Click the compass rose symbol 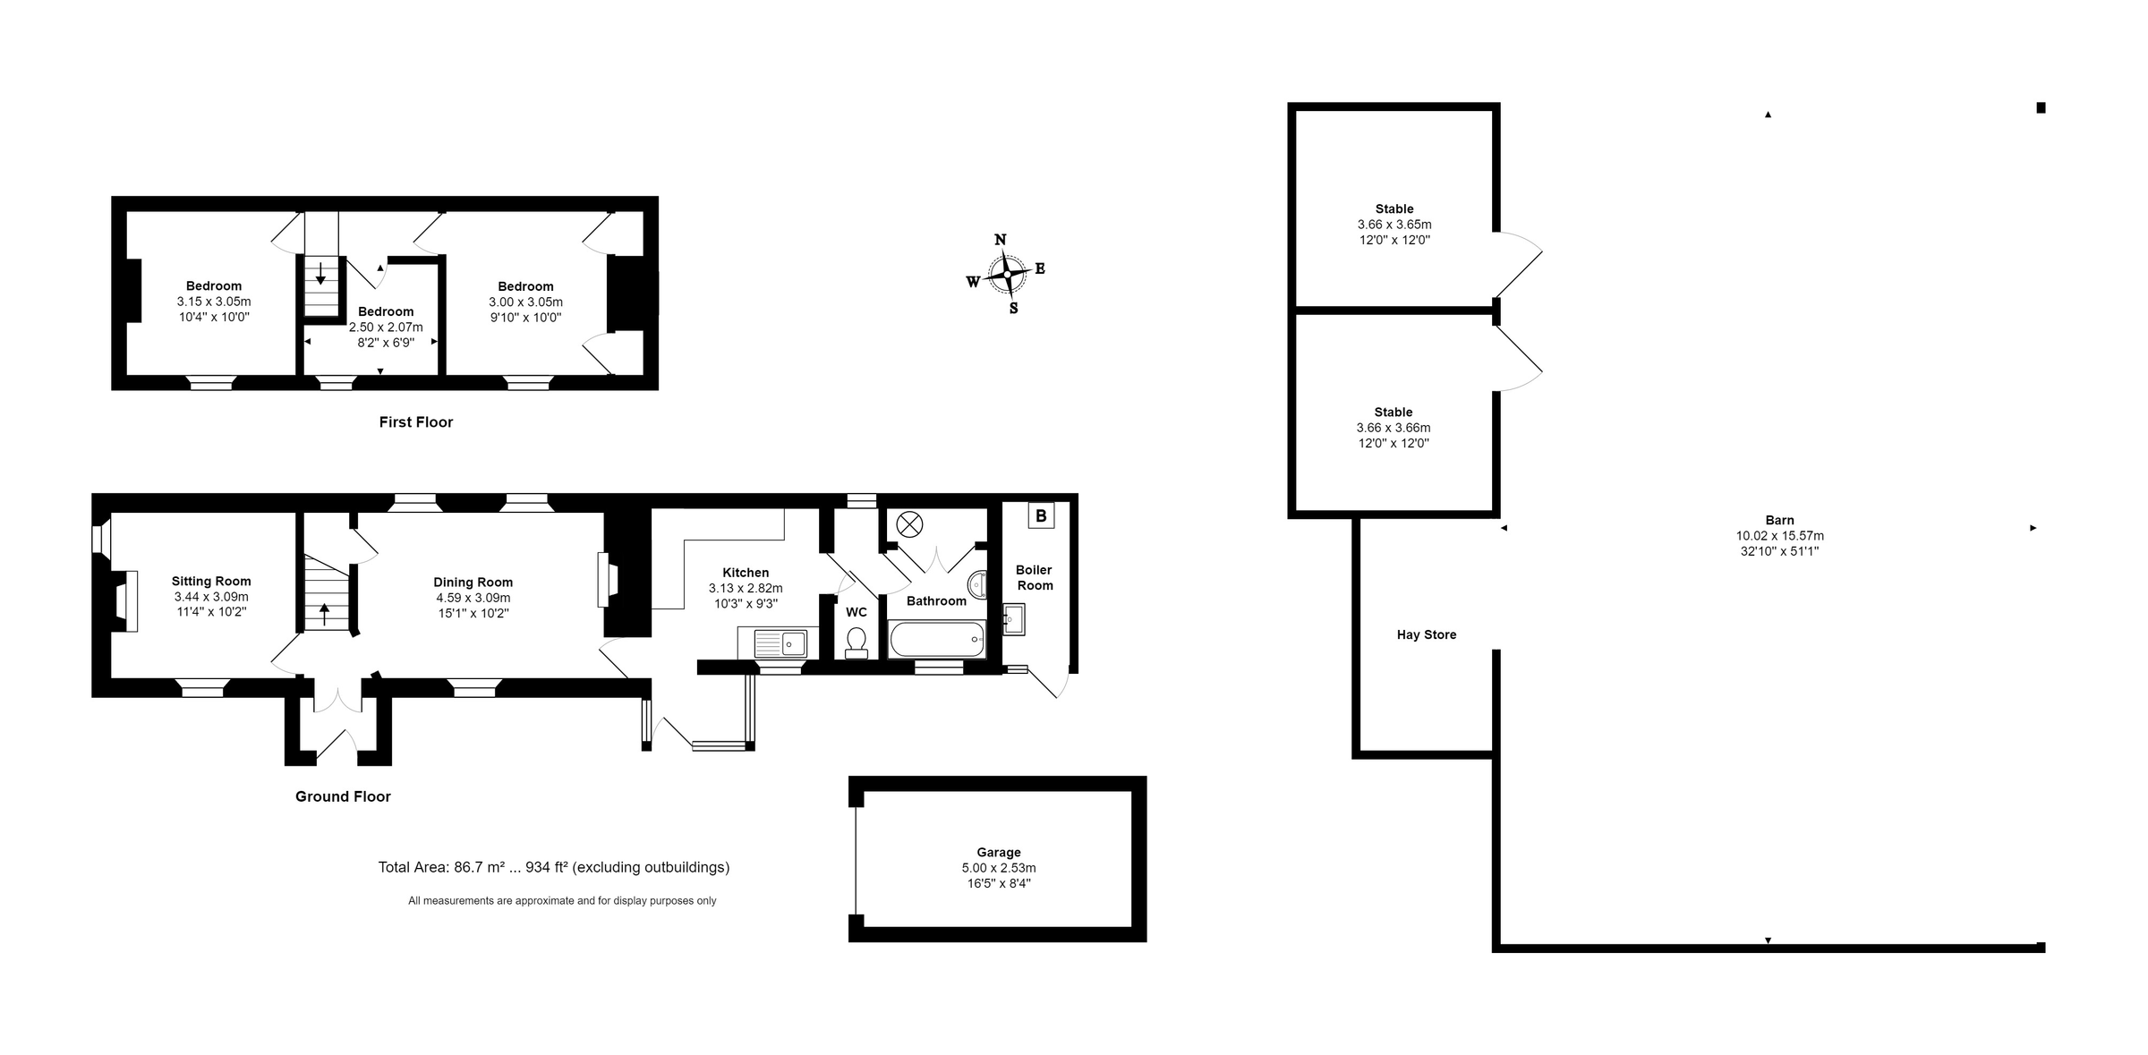coord(1007,274)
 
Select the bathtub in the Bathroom coord(937,640)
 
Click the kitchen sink coord(780,642)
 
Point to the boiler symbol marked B coord(1041,515)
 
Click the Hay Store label coord(1427,634)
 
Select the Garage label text coord(998,852)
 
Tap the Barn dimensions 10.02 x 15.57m coord(1779,536)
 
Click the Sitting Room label coord(211,581)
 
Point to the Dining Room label coord(473,582)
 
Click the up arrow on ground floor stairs coord(324,614)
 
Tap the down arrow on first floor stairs coord(320,274)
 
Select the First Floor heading coord(415,421)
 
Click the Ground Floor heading coord(343,796)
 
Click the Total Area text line coord(553,866)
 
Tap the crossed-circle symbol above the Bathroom coord(910,523)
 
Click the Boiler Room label coord(1035,577)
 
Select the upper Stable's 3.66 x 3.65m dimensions coord(1394,225)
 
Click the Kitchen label coord(746,573)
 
